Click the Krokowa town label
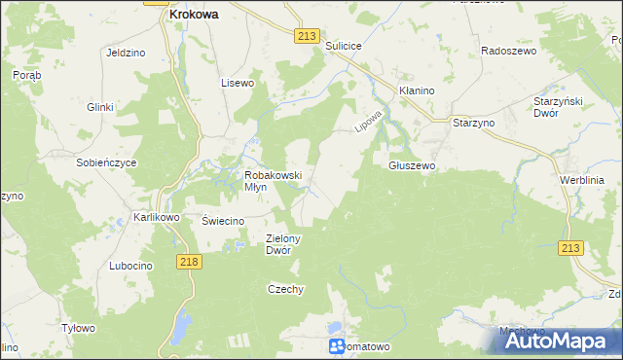pos(193,15)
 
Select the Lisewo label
pos(238,83)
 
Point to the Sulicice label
pos(344,46)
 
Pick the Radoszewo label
pos(510,51)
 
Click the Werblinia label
pos(582,181)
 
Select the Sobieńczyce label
pos(106,162)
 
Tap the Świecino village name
pos(222,221)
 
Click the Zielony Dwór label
pos(285,243)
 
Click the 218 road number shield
pos(190,262)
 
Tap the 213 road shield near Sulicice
pos(307,35)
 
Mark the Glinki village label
pos(100,107)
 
